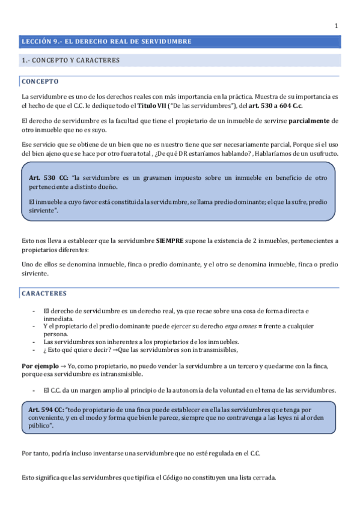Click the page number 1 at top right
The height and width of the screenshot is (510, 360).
pyautogui.click(x=337, y=25)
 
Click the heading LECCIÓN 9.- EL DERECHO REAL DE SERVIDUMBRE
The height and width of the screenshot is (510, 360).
pyautogui.click(x=106, y=42)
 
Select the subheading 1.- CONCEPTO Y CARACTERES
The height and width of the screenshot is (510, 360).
pyautogui.click(x=70, y=60)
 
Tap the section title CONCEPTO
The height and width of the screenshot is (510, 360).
pyautogui.click(x=40, y=81)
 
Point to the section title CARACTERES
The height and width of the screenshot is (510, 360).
pyautogui.click(x=44, y=293)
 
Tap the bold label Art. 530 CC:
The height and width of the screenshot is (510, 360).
pyautogui.click(x=49, y=179)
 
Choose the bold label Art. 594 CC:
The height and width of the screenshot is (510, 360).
pyautogui.click(x=48, y=409)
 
